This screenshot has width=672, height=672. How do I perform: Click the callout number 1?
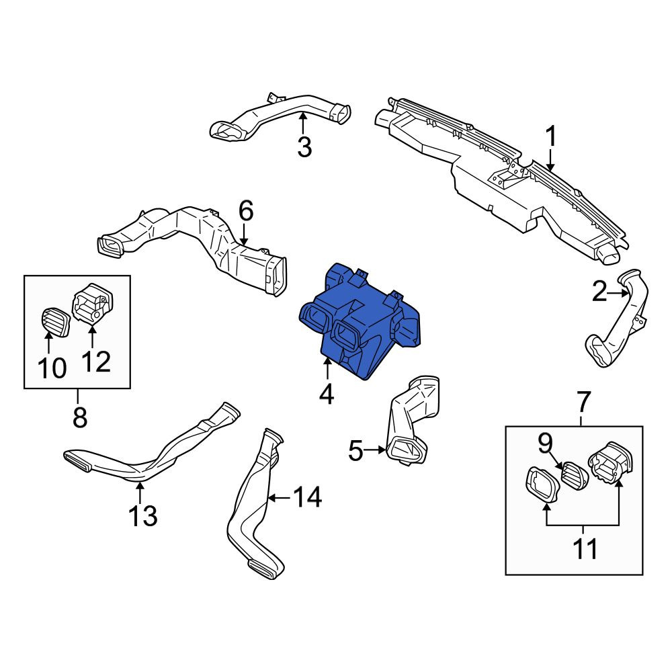pyautogui.click(x=551, y=136)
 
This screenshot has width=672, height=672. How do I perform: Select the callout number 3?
pyautogui.click(x=304, y=147)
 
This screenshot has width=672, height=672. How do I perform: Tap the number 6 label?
pyautogui.click(x=245, y=211)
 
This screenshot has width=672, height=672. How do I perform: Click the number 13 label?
pyautogui.click(x=143, y=515)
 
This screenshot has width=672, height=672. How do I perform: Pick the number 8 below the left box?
pyautogui.click(x=80, y=417)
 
